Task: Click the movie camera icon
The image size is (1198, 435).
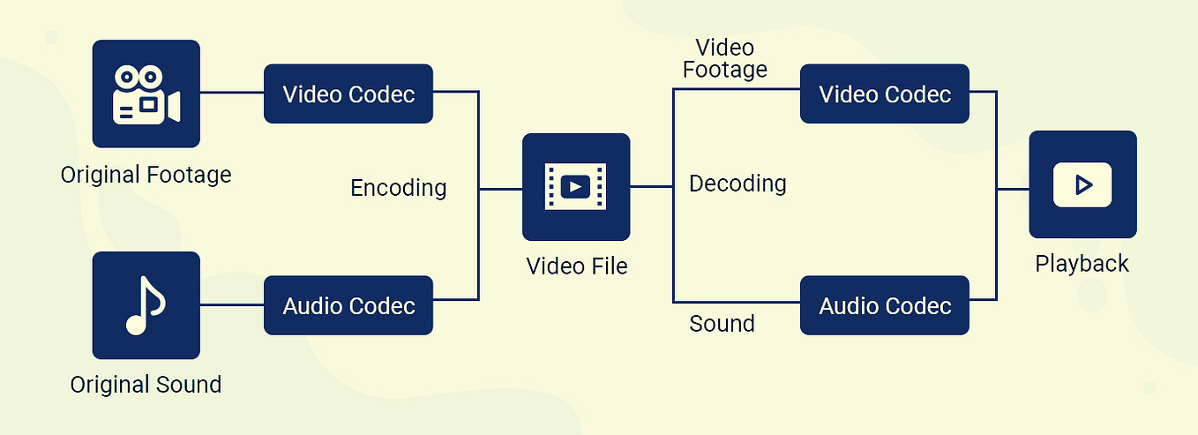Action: point(146,94)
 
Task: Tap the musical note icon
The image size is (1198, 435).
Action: point(146,305)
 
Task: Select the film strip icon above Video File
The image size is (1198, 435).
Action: point(576,187)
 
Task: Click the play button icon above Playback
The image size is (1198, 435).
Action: point(1082,184)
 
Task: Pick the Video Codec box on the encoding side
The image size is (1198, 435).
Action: point(348,94)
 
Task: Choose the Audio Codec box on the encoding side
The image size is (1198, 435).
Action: point(348,305)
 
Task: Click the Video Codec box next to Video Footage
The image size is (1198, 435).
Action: point(885,94)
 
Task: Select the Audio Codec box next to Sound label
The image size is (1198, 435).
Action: point(885,305)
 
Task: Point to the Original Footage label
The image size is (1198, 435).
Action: point(146,175)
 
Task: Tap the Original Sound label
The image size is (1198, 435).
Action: point(146,385)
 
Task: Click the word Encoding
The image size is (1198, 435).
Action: point(399,188)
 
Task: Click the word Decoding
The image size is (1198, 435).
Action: point(738,184)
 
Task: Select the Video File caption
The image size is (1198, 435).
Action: point(577,266)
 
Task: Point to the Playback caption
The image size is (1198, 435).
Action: point(1082,264)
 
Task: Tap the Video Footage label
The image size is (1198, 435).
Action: point(725,58)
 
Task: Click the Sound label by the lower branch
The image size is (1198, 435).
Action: point(722,324)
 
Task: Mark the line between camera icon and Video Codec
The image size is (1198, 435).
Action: point(232,91)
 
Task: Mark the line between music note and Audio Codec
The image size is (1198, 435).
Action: point(232,305)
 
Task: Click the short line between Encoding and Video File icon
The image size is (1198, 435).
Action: point(500,188)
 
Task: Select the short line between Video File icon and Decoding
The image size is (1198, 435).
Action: point(651,186)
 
